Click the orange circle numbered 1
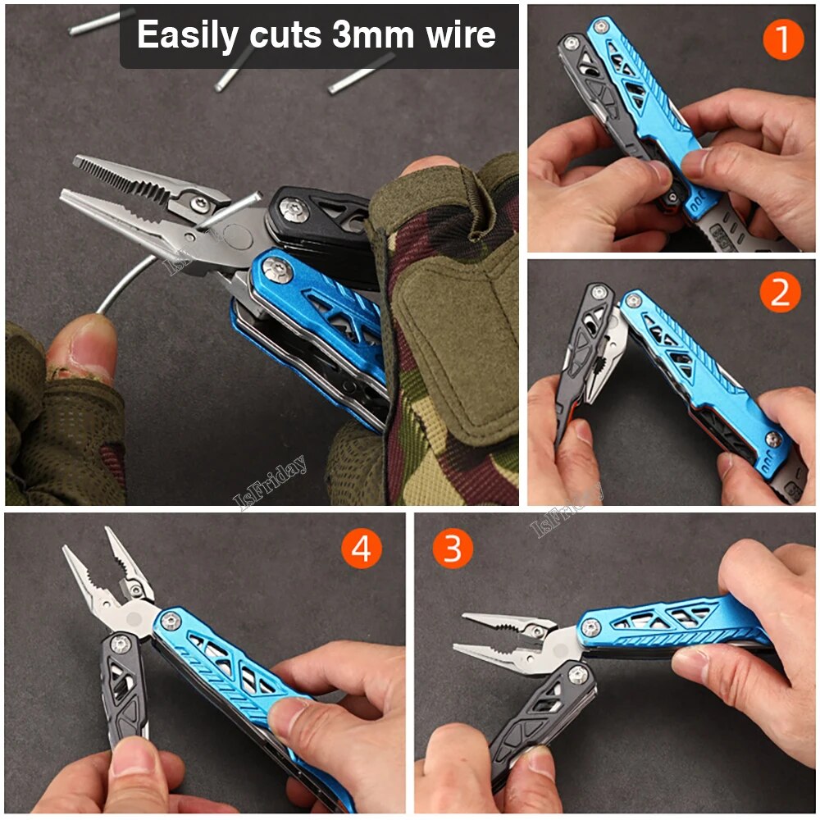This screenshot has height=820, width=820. [782, 39]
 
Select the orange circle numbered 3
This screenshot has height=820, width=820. [453, 548]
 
